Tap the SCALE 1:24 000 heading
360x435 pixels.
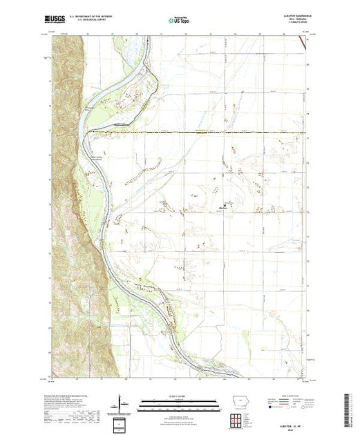(x=179, y=398)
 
